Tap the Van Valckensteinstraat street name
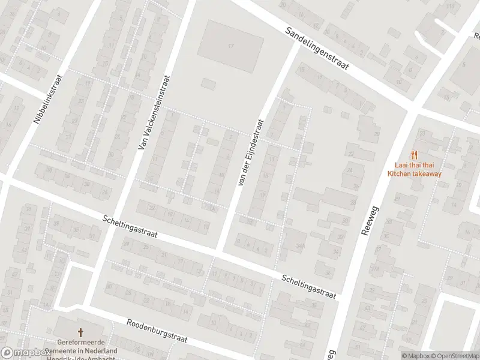(x=153, y=112)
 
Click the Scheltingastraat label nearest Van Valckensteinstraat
(x=130, y=227)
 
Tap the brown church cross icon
(x=80, y=332)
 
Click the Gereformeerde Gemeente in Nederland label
(x=80, y=346)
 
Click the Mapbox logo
(x=24, y=353)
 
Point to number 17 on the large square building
(x=230, y=46)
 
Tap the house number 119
(x=450, y=7)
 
